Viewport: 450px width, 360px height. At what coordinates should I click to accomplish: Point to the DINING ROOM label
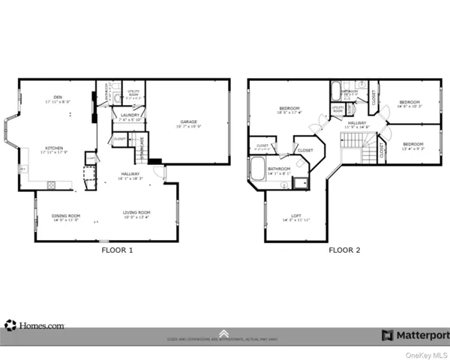(65, 218)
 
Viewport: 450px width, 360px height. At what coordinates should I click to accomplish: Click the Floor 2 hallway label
(356, 124)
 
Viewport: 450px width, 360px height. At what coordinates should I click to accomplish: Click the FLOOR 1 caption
(117, 250)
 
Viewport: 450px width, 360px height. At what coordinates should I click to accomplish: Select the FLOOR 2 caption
(344, 250)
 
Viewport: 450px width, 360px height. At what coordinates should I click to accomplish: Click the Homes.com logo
(34, 325)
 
